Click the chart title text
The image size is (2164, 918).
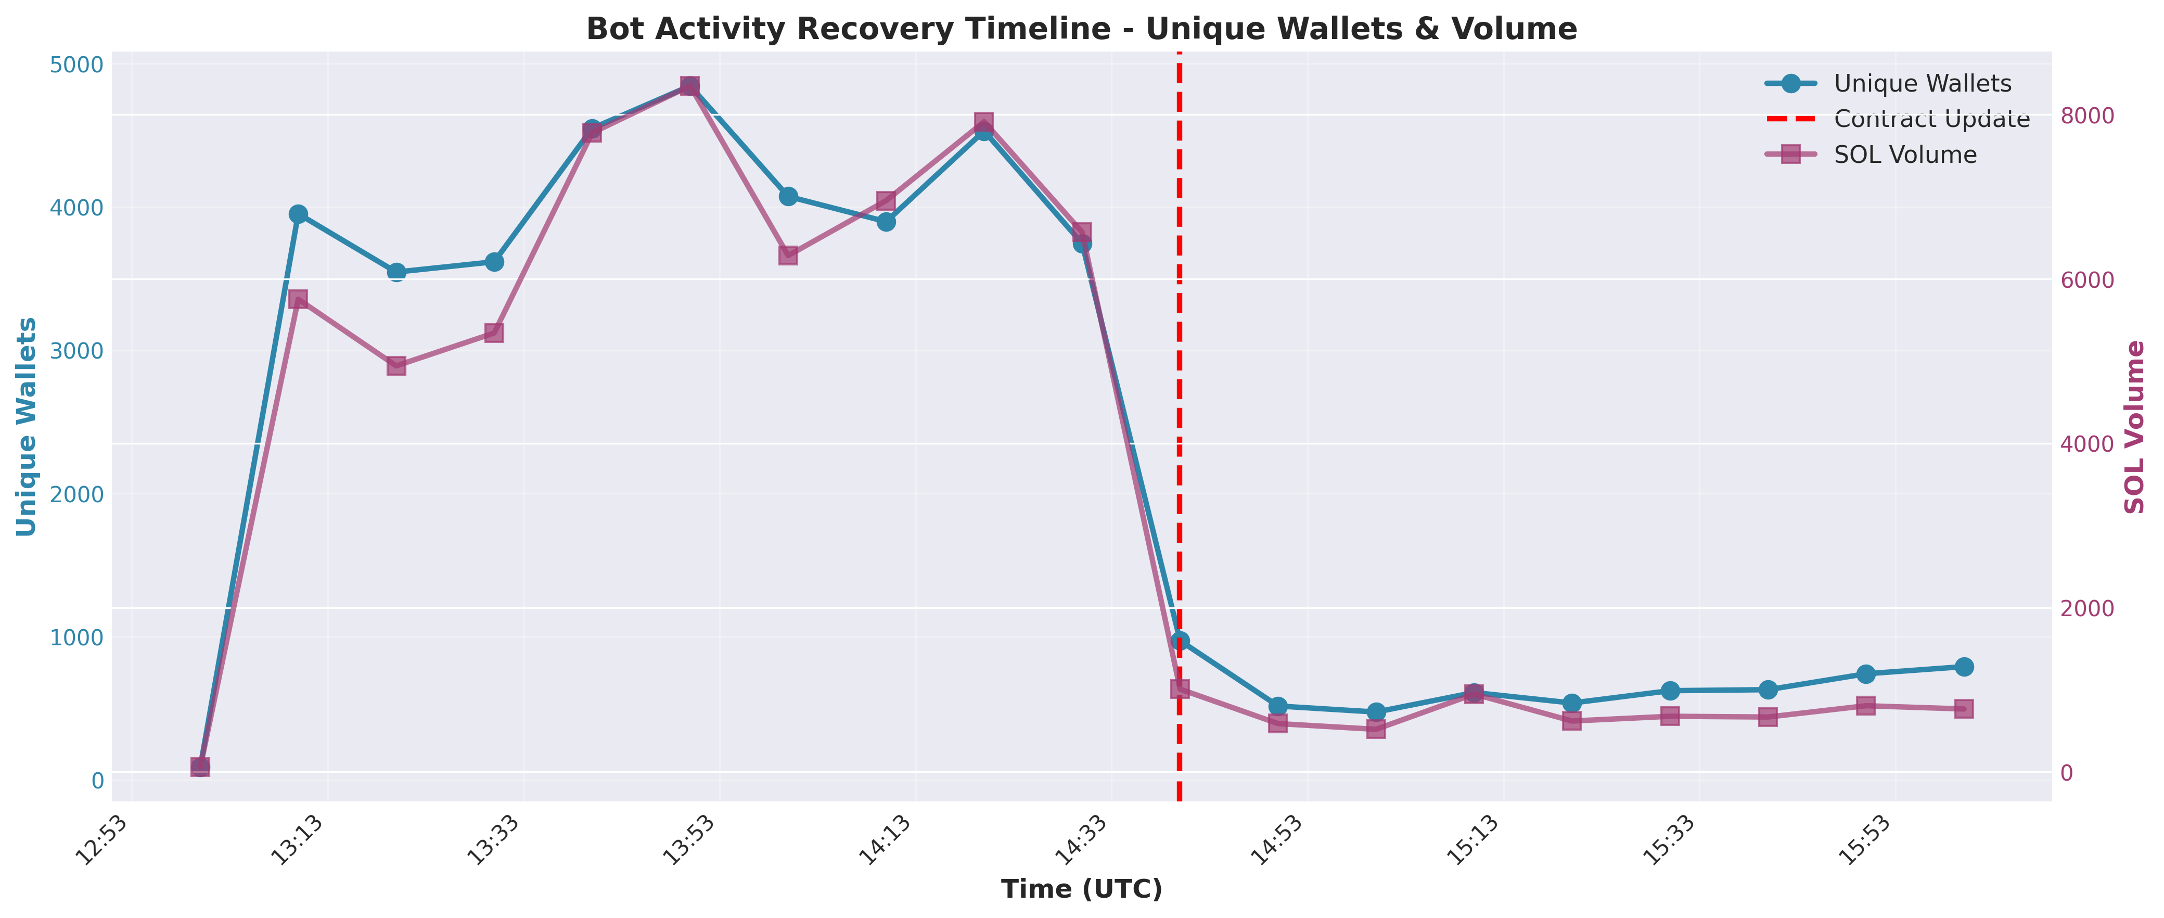pyautogui.click(x=1081, y=29)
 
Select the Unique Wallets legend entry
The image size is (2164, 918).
pyautogui.click(x=1922, y=84)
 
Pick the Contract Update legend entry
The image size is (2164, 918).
pyautogui.click(x=1931, y=119)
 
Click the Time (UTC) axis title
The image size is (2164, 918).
pyautogui.click(x=1081, y=889)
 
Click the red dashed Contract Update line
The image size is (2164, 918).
pyautogui.click(x=1180, y=420)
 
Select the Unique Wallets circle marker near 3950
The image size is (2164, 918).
pyautogui.click(x=298, y=214)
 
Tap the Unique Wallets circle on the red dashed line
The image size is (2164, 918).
pyautogui.click(x=1180, y=641)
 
